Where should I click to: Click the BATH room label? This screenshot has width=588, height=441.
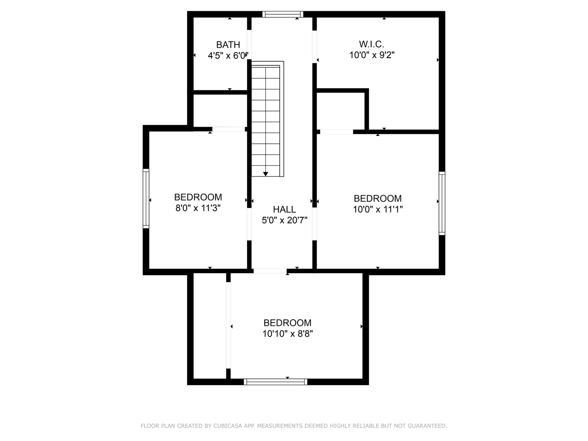[228, 45]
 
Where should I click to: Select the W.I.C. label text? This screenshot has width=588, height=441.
[371, 44]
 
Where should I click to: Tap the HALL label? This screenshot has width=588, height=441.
[284, 209]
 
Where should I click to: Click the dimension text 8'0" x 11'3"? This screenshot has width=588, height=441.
[198, 208]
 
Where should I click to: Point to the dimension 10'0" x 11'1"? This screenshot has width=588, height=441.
[378, 209]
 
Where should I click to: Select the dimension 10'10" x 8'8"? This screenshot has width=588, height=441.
[287, 334]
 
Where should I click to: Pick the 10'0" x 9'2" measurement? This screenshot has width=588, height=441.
[372, 55]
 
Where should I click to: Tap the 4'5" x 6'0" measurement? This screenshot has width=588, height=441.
[228, 56]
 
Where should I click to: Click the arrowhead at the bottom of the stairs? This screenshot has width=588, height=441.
[265, 174]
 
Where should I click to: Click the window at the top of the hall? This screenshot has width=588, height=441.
[283, 14]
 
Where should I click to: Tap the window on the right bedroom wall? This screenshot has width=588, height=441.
[442, 203]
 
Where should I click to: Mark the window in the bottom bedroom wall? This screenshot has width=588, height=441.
[276, 382]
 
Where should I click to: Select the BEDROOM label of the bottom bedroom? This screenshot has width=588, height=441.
[287, 323]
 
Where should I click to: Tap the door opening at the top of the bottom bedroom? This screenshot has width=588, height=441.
[270, 271]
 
